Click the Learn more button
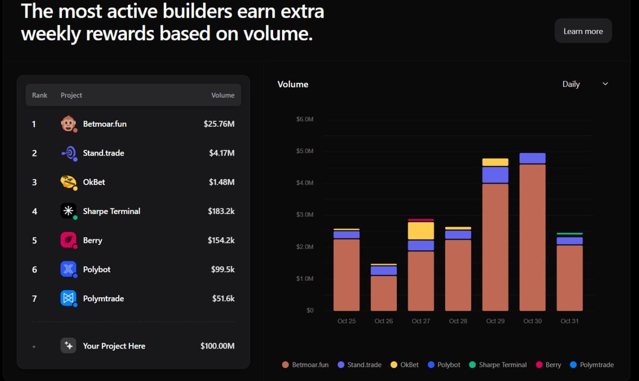tap(583, 31)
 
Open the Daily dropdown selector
tap(585, 84)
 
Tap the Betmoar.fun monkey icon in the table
tap(68, 124)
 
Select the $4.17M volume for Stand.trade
tap(222, 153)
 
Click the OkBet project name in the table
tap(94, 182)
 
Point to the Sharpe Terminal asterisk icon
tap(68, 211)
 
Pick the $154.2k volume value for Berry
tap(221, 241)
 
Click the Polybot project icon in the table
tap(68, 269)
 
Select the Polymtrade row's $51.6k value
tap(223, 299)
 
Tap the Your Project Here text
tap(114, 346)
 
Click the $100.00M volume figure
tap(217, 346)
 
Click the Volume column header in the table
tap(223, 95)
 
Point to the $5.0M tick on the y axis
tap(305, 151)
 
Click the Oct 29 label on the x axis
tap(495, 321)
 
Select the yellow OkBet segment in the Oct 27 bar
tap(421, 231)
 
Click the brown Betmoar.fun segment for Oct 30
tap(532, 237)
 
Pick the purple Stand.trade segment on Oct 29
tap(495, 175)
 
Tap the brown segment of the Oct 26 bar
tap(383, 293)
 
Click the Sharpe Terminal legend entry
tap(498, 365)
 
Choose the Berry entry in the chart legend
tap(548, 365)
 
